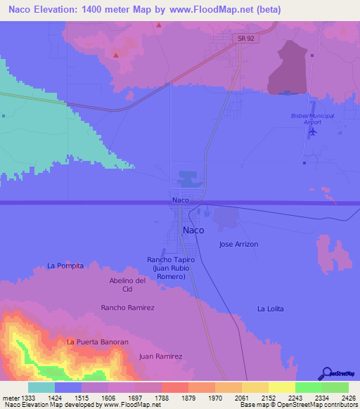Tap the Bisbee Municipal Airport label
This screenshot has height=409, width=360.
[312, 119]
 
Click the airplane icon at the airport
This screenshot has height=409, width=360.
[313, 131]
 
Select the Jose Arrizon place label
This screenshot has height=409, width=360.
[239, 245]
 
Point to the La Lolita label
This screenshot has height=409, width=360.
[271, 309]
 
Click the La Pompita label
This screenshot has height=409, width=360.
[65, 266]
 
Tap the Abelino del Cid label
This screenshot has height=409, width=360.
[127, 285]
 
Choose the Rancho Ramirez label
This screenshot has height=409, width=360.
[127, 308]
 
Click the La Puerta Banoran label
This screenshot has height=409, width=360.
[98, 342]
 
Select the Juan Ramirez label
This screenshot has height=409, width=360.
[160, 356]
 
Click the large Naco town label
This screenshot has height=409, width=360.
[194, 230]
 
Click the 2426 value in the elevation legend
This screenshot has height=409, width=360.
[349, 398]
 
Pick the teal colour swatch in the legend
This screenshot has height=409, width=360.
[41, 387]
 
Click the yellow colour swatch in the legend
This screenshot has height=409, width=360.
[281, 387]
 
